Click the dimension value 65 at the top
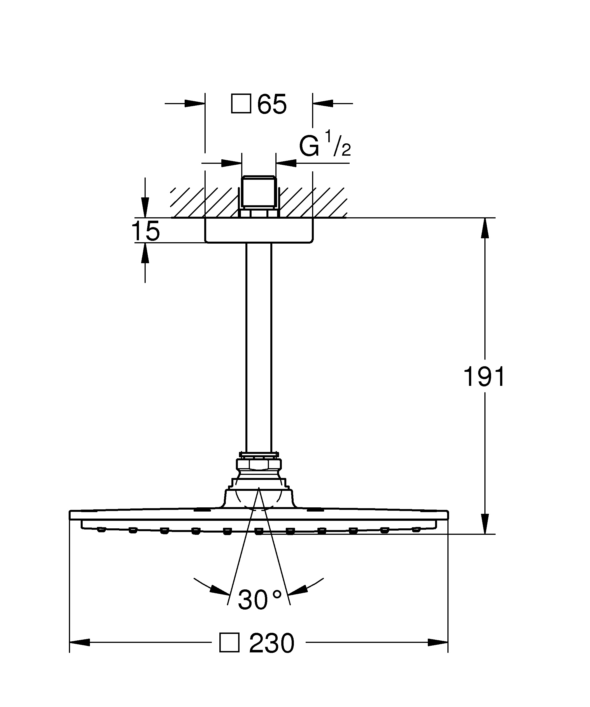[272, 104]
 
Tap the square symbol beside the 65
[241, 103]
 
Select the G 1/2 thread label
[325, 145]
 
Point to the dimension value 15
[145, 231]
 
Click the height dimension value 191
[485, 376]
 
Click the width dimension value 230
[272, 644]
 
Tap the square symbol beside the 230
[229, 643]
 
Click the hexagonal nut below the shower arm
[258, 465]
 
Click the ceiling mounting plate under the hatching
[259, 230]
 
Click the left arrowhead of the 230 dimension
[80, 642]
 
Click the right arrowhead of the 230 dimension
[438, 642]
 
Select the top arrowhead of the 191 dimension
[485, 228]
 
